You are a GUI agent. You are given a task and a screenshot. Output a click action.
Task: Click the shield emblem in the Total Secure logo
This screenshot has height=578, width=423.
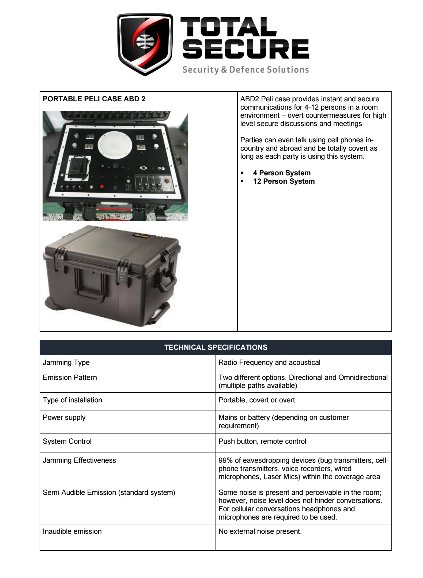click(145, 44)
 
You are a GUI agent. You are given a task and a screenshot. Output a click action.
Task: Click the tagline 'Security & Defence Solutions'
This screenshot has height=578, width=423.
click(246, 70)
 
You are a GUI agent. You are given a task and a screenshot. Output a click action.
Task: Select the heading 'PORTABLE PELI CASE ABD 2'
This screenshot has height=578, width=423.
click(94, 99)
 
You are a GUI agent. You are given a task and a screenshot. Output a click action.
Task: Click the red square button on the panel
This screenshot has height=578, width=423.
click(102, 187)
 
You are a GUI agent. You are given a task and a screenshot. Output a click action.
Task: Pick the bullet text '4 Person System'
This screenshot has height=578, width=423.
click(282, 173)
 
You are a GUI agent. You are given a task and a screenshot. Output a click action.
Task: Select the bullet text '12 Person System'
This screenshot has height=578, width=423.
click(284, 181)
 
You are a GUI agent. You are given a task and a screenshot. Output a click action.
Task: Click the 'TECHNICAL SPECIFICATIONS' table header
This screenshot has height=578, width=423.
click(216, 347)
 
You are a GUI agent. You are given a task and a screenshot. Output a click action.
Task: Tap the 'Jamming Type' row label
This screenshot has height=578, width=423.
click(66, 362)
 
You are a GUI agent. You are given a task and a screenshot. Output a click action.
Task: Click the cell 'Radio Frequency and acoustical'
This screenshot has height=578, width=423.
click(269, 362)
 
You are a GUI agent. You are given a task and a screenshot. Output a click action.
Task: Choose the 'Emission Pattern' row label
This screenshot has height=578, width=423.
click(70, 377)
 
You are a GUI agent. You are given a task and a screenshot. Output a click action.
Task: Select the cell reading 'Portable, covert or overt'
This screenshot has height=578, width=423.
click(256, 400)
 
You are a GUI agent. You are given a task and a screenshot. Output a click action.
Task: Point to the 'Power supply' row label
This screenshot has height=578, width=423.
click(64, 417)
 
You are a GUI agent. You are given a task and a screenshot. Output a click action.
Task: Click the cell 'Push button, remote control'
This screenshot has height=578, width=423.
click(262, 441)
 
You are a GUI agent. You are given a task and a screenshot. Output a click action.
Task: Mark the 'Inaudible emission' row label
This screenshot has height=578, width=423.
click(72, 531)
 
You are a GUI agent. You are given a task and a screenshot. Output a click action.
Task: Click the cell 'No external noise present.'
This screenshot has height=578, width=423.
click(260, 531)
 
